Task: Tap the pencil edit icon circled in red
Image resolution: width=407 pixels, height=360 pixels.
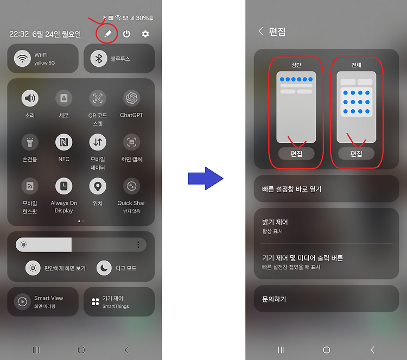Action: [108, 34]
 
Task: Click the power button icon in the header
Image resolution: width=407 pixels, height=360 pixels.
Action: [126, 34]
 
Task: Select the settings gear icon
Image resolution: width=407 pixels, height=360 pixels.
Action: [145, 34]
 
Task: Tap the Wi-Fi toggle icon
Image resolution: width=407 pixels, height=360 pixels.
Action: [23, 59]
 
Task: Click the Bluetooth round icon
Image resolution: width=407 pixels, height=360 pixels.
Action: [99, 59]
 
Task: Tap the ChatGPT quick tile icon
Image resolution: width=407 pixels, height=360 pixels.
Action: [132, 98]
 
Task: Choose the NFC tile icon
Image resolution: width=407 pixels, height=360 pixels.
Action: [64, 142]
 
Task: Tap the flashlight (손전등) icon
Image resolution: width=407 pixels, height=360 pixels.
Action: [30, 142]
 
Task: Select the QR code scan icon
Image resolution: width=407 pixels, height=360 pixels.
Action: [98, 98]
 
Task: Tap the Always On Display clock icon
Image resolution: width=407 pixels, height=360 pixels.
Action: [64, 186]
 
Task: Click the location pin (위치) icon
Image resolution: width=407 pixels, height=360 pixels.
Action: [98, 186]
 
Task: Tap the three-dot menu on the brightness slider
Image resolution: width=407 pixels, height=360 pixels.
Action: [138, 244]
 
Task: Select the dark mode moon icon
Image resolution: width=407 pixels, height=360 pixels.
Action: [104, 268]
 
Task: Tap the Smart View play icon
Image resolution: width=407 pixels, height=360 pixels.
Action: [23, 301]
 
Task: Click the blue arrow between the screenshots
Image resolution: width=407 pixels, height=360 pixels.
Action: [206, 179]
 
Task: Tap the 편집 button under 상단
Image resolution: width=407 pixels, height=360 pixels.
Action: [296, 154]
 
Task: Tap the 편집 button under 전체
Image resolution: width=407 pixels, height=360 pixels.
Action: [356, 154]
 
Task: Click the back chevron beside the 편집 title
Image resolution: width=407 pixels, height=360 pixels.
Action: [260, 31]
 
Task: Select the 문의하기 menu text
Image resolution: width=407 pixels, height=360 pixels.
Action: [274, 299]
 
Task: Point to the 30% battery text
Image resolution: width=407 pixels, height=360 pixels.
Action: [142, 18]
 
